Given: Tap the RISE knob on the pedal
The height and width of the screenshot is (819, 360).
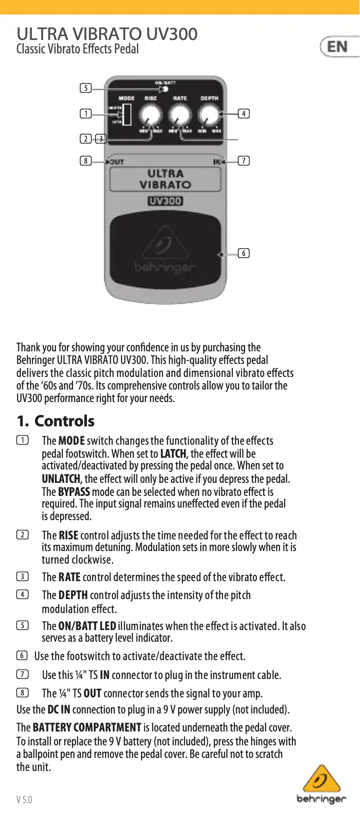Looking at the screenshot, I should [150, 115].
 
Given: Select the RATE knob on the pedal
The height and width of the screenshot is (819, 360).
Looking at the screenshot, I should [180, 115].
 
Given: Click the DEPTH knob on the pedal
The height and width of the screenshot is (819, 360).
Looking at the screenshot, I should [209, 115].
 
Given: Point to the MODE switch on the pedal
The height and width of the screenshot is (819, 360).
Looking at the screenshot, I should [127, 114].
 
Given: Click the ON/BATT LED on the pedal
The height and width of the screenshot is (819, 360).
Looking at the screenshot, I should [165, 89].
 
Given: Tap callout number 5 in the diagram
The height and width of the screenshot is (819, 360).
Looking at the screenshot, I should [86, 88].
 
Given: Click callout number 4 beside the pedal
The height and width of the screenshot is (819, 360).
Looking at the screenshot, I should [244, 114].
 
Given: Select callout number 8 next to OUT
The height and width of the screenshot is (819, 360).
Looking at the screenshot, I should [86, 161].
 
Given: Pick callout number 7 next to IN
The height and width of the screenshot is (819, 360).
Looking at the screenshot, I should [244, 161].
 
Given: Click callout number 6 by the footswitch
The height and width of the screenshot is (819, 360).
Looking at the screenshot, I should [244, 253].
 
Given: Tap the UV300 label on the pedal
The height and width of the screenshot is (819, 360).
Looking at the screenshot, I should [165, 201].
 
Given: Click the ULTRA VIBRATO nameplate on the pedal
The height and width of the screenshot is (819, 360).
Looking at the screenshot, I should [165, 179].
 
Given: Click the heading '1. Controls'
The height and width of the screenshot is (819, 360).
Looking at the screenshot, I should [56, 421].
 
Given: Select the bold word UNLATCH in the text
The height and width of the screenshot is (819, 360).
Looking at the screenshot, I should [61, 479].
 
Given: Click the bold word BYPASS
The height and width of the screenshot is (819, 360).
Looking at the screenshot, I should [74, 492].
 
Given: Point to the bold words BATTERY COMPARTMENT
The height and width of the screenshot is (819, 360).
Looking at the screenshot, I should [87, 727].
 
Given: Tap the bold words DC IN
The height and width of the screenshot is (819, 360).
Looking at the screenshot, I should [59, 710].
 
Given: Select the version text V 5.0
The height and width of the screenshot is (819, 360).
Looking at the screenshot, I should [24, 800].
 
